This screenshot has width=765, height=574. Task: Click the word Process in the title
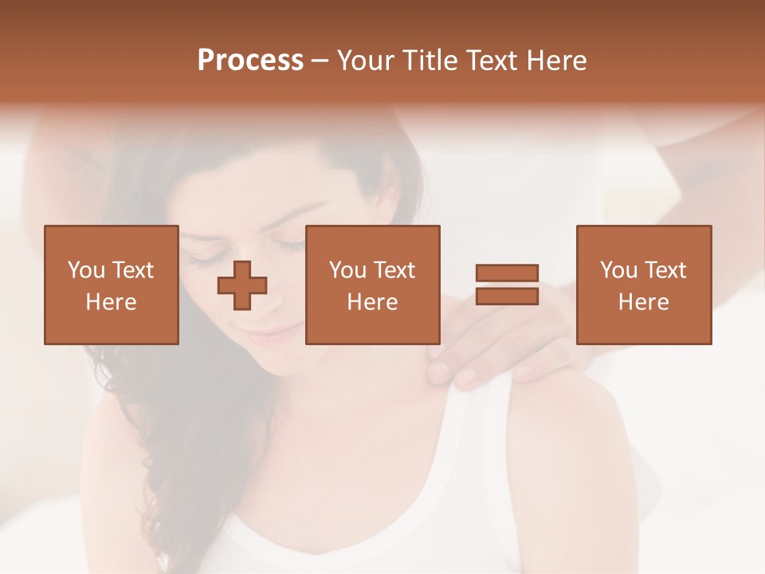coord(250,61)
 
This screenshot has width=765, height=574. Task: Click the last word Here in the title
coord(556,61)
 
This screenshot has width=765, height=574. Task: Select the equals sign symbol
coord(507,285)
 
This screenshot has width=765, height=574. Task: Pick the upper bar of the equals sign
coord(507,273)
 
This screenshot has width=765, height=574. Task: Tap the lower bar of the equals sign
coord(507,296)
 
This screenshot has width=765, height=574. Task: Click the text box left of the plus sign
coord(112,285)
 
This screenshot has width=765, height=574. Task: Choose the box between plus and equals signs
coord(373,285)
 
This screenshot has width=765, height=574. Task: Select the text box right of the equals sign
coord(644,285)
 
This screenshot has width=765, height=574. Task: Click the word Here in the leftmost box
coord(111,302)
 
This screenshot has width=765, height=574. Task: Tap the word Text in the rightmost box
coord(666,270)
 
